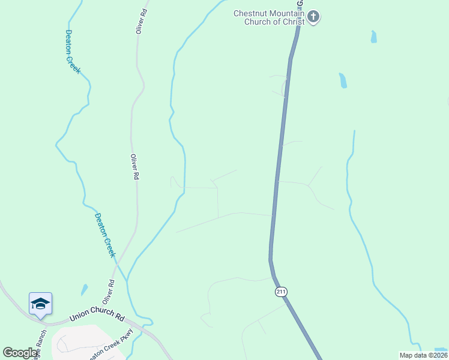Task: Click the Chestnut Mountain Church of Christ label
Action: pos(270,17)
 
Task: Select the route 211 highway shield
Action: pos(281,292)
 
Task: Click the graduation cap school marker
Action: pos(40,304)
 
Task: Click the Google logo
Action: pos(20,353)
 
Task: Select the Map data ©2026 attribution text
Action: pos(423,355)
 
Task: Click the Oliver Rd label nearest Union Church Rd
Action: pos(108,292)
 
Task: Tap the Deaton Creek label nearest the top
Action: pos(73,52)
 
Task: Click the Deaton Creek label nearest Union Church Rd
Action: pos(105,235)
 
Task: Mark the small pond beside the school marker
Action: pos(85,290)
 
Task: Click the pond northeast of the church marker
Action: pos(374,37)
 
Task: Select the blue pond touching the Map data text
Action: pos(440,349)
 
